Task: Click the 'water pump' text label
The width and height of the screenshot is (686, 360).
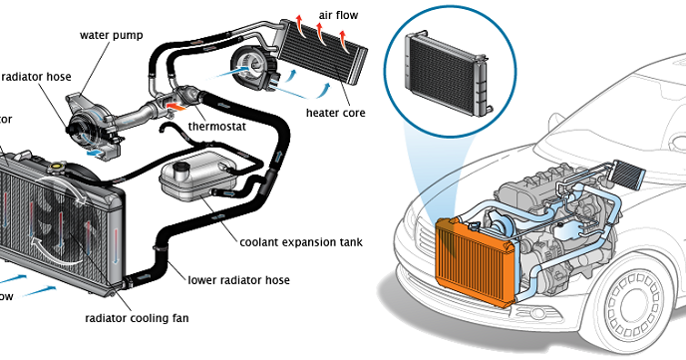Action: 112,35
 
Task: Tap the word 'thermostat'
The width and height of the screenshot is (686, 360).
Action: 219,129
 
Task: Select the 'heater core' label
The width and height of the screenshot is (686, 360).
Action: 336,113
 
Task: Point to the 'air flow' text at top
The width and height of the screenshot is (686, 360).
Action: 339,15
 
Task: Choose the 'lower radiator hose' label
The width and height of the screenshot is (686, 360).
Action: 239,280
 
